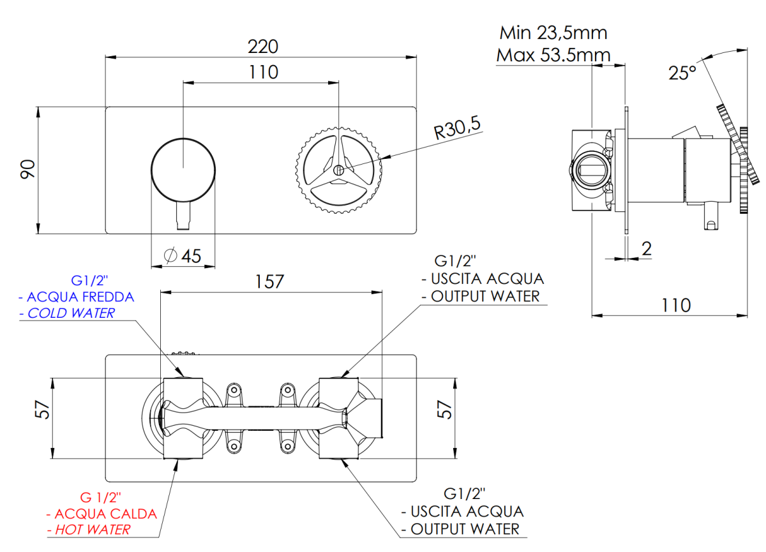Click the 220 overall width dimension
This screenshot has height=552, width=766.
(x=262, y=47)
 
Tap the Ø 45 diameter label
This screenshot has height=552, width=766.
(x=183, y=257)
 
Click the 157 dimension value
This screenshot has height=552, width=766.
(x=271, y=281)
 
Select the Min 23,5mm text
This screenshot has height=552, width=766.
(x=553, y=33)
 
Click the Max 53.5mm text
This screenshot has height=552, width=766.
(x=553, y=55)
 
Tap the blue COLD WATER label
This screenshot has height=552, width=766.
(x=67, y=313)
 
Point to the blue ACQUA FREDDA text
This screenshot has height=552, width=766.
(x=77, y=297)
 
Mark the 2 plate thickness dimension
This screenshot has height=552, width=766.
(x=647, y=250)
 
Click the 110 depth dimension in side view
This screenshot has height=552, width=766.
(x=676, y=305)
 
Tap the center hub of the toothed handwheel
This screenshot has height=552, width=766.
(x=338, y=170)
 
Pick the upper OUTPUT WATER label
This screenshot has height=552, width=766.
(x=484, y=296)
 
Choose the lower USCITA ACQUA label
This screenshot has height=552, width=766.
(x=467, y=511)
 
